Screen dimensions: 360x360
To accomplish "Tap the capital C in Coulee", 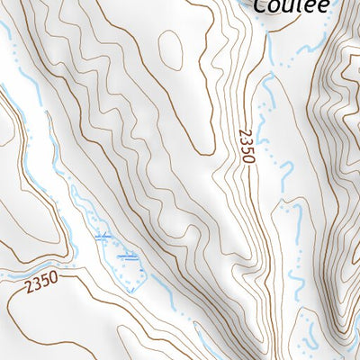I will pyautogui.click(x=261, y=5).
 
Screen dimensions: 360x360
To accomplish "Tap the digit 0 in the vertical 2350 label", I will pyautogui.click(x=248, y=159).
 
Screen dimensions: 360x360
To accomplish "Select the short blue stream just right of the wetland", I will pyautogui.click(x=162, y=288).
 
